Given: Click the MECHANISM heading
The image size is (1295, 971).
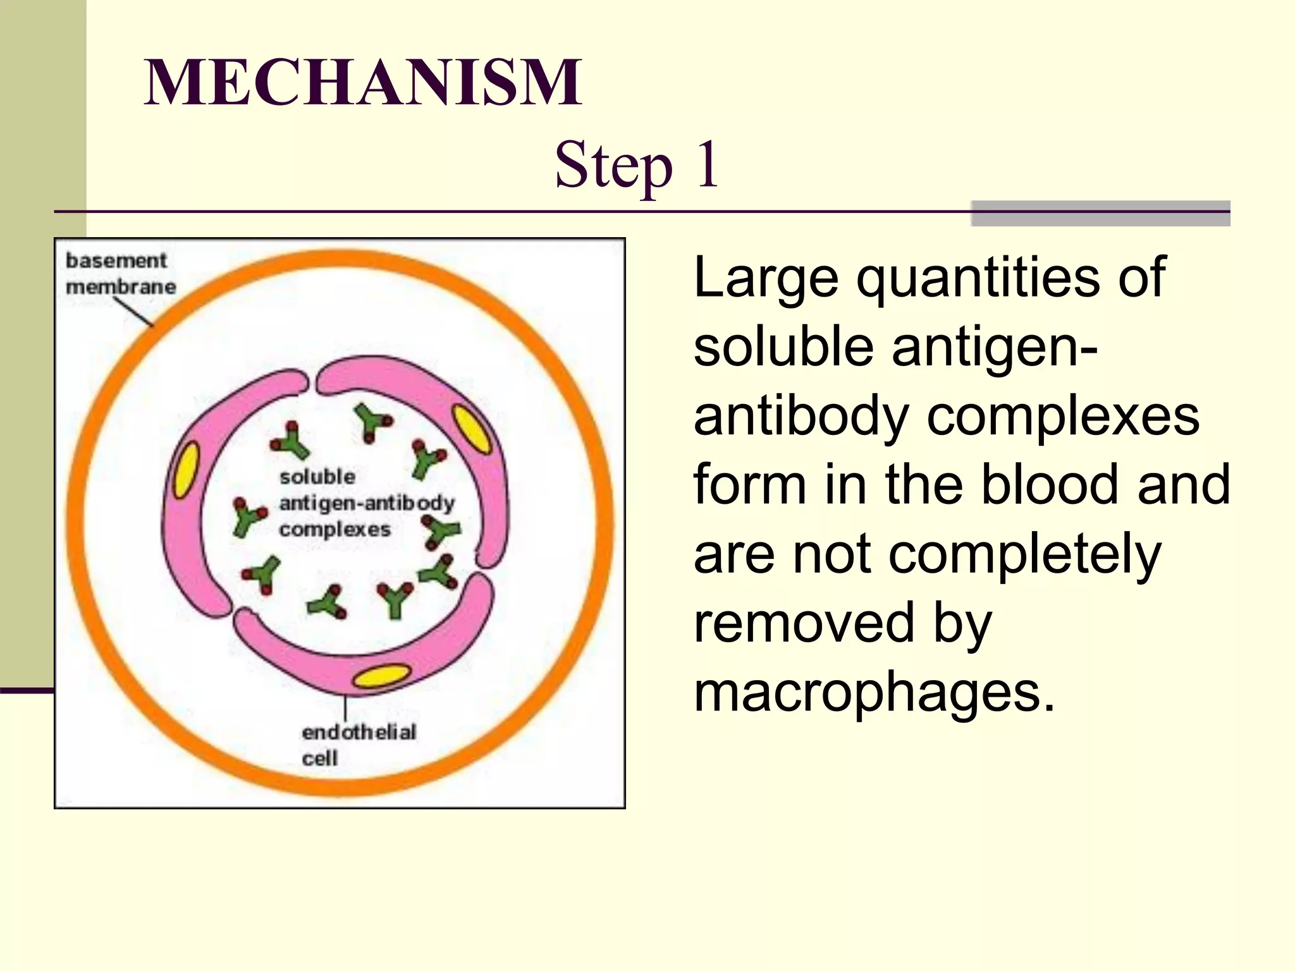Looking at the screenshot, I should pyautogui.click(x=363, y=82).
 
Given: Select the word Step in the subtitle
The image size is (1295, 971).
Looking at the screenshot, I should pyautogui.click(x=613, y=166).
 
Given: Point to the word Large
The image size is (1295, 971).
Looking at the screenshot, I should pyautogui.click(x=765, y=278).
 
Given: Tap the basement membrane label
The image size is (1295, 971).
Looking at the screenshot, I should pyautogui.click(x=120, y=273).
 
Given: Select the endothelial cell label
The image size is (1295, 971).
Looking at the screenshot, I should pyautogui.click(x=358, y=745).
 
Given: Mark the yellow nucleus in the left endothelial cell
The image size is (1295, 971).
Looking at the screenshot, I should pyautogui.click(x=186, y=470).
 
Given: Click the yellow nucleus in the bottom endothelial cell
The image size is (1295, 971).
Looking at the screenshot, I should pyautogui.click(x=381, y=676).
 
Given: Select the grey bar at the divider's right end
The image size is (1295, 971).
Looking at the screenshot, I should pyautogui.click(x=1100, y=214).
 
